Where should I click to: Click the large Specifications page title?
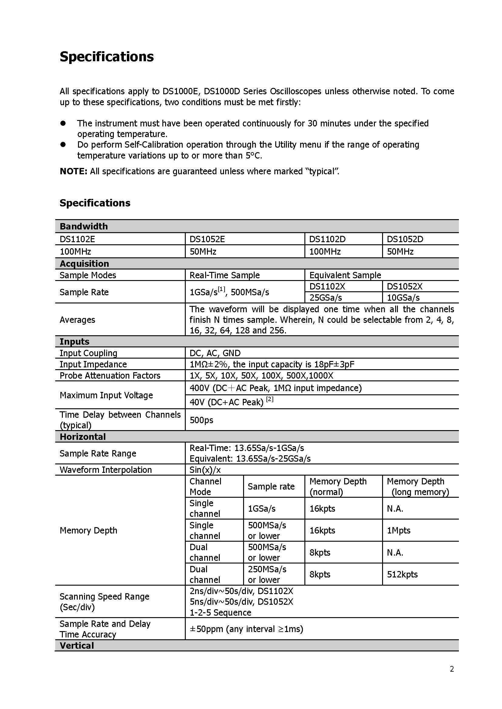(106, 57)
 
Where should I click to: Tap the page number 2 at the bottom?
(452, 669)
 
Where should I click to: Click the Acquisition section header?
(84, 263)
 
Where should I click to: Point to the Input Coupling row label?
(88, 353)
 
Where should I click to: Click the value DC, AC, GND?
(215, 353)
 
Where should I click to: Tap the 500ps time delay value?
(201, 420)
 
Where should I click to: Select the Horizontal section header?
(83, 436)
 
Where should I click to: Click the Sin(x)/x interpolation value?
(205, 470)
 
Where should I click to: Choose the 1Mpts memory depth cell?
(399, 530)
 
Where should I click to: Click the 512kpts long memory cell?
(402, 574)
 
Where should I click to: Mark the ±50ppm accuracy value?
(246, 629)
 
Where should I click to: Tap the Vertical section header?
(77, 646)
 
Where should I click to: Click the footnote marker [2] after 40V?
(270, 399)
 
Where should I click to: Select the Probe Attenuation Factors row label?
(110, 376)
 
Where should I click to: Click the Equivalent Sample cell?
(345, 275)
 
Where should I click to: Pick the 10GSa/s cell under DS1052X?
(403, 298)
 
